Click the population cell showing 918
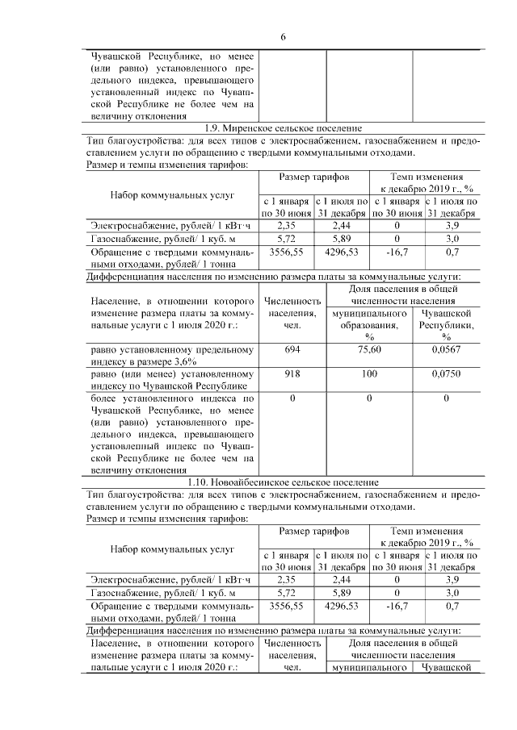[x=292, y=374]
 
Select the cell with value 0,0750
[x=446, y=374]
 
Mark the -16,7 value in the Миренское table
[x=397, y=252]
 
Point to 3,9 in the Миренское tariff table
[x=452, y=225]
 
